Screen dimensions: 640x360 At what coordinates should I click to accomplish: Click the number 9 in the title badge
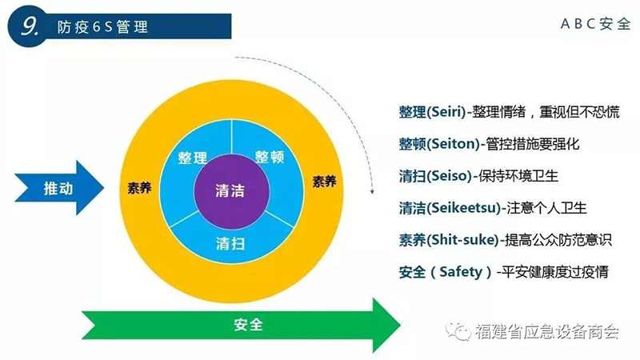[30, 26]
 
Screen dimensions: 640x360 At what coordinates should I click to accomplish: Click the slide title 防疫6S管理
[102, 27]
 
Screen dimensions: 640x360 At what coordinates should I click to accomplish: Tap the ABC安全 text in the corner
[595, 24]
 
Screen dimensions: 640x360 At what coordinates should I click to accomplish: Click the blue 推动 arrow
[59, 188]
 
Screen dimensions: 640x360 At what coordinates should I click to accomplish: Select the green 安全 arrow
[241, 325]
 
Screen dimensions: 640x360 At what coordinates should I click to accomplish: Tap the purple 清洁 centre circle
[231, 191]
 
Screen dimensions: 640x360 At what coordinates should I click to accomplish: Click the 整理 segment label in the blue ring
[193, 158]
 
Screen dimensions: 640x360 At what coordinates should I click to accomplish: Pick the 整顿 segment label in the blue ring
[270, 156]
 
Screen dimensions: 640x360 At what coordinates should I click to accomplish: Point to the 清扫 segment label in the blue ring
[230, 244]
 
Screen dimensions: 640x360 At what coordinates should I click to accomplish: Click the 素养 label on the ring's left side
[139, 188]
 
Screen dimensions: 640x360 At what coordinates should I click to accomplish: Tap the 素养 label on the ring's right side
[325, 182]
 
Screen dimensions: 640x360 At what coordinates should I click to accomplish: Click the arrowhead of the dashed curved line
[372, 191]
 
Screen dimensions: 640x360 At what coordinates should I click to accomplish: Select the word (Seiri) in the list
[446, 112]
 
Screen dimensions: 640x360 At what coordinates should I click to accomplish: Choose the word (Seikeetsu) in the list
[464, 208]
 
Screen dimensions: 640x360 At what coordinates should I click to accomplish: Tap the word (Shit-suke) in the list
[463, 240]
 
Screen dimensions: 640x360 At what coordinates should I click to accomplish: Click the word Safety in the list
[461, 272]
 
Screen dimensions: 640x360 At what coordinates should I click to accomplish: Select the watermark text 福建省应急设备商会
[547, 331]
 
